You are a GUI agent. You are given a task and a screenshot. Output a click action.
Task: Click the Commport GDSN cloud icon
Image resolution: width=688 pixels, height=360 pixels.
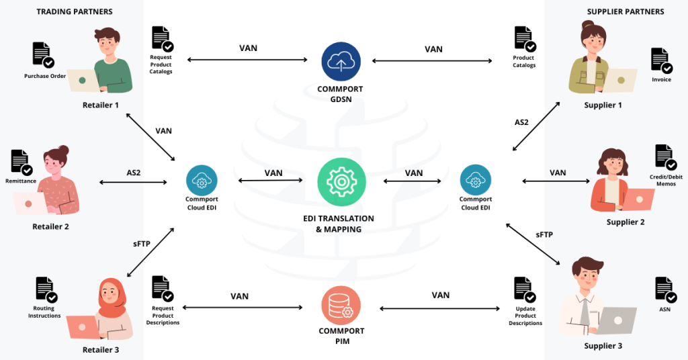click(x=341, y=62)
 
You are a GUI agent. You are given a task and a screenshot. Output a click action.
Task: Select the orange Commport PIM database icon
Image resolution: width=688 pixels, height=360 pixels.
click(x=341, y=306)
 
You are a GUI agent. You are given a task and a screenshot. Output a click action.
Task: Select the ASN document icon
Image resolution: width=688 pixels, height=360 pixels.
click(x=665, y=289)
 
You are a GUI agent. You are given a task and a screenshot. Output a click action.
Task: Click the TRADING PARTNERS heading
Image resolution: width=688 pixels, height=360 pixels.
click(x=75, y=11)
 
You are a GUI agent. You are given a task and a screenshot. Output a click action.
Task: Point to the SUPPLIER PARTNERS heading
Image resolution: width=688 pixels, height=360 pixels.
click(x=625, y=11)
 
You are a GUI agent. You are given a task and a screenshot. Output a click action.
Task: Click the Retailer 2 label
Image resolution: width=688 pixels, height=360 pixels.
click(x=50, y=227)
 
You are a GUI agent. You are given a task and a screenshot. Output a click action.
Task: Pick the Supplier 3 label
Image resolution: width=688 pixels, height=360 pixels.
click(x=603, y=346)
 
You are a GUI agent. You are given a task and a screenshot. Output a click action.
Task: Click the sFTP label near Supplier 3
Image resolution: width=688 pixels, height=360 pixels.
click(x=545, y=235)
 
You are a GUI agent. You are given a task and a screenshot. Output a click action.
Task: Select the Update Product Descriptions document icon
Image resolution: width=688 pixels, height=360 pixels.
click(x=525, y=289)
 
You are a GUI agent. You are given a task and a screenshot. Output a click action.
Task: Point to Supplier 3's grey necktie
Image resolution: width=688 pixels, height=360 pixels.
click(x=585, y=312)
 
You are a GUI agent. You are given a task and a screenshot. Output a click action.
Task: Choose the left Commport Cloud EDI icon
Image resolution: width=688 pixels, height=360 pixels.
click(x=201, y=179)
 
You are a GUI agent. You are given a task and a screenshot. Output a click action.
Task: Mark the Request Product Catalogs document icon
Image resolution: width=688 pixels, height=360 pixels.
click(x=161, y=39)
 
